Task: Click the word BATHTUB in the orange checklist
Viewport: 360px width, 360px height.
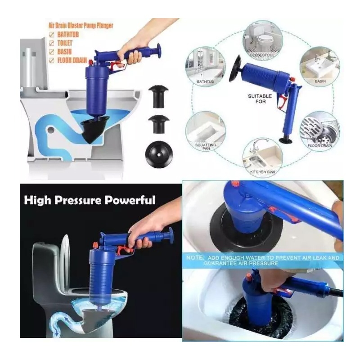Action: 68,35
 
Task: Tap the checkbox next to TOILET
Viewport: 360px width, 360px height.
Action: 52,43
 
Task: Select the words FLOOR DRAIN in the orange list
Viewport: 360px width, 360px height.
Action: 72,60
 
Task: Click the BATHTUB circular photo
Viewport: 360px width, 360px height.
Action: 206,66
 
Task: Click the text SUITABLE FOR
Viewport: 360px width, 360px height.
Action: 260,99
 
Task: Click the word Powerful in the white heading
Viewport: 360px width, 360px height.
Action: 130,200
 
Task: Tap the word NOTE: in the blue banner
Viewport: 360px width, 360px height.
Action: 195,257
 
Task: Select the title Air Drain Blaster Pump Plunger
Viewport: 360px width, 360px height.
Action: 81,26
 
